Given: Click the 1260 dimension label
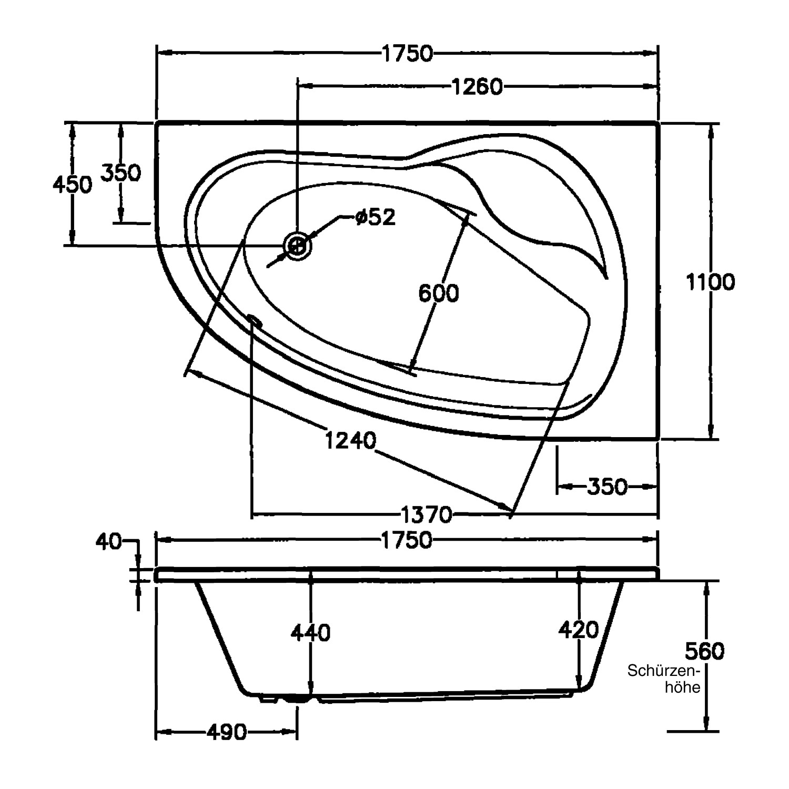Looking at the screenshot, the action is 478,87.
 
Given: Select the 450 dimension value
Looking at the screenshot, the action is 73,185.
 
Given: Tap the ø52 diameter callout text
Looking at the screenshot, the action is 375,217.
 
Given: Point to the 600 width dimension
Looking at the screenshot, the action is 439,293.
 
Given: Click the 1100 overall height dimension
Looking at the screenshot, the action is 710,282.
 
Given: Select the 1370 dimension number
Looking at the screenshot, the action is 427,514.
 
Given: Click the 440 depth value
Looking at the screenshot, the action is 310,633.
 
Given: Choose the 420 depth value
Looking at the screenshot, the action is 579,630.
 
